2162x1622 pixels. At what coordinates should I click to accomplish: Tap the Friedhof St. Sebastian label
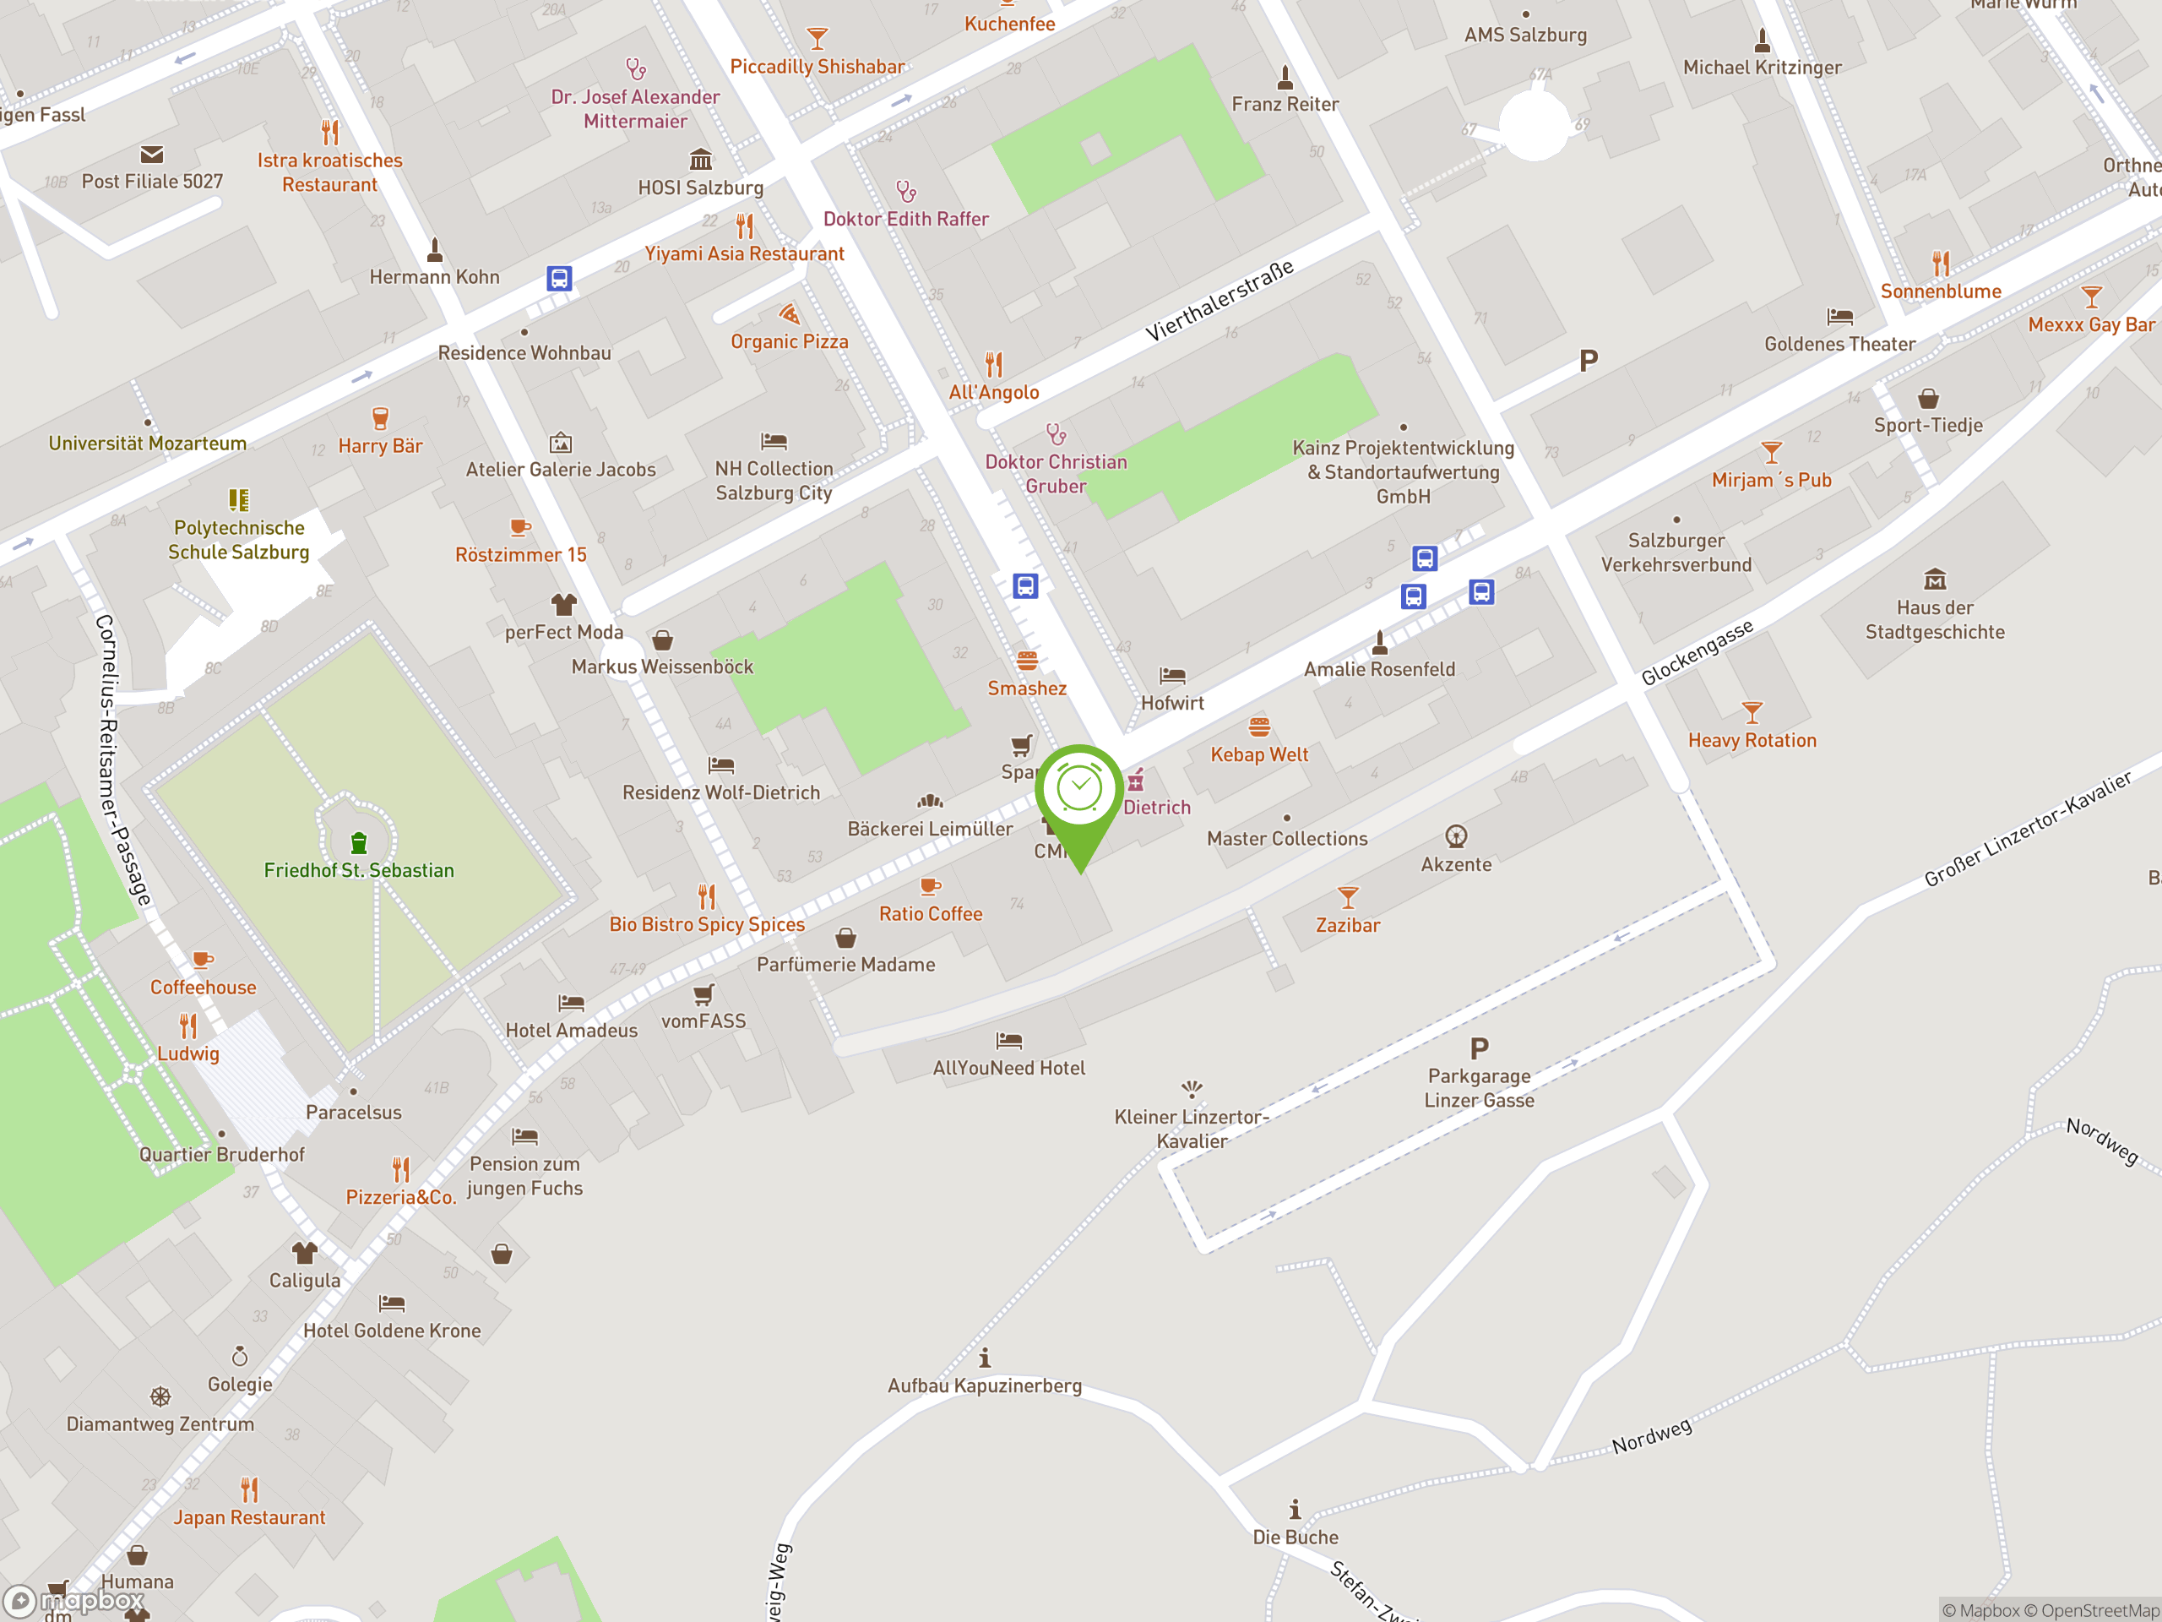(359, 870)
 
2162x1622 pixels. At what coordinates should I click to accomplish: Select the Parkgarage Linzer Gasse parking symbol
(1479, 1049)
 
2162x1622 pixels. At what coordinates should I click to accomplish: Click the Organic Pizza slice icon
(789, 314)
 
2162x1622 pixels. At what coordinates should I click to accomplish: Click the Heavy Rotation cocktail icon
(1752, 713)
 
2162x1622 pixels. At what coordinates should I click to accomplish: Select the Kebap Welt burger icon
(1259, 727)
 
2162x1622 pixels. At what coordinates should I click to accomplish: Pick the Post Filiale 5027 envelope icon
(151, 155)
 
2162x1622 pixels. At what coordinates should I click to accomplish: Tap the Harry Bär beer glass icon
(380, 418)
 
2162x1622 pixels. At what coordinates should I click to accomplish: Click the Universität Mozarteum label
(148, 443)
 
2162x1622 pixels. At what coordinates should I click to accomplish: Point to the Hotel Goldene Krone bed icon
(392, 1304)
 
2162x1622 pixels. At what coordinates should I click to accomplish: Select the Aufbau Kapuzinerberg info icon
(984, 1358)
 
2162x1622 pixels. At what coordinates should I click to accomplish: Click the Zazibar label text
(1347, 925)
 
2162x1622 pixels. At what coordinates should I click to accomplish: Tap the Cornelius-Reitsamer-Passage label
(123, 759)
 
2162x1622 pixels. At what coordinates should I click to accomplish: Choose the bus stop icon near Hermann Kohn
(558, 279)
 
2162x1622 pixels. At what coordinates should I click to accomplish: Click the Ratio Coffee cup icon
(930, 887)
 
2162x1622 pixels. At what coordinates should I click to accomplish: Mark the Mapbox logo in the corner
(74, 1601)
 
